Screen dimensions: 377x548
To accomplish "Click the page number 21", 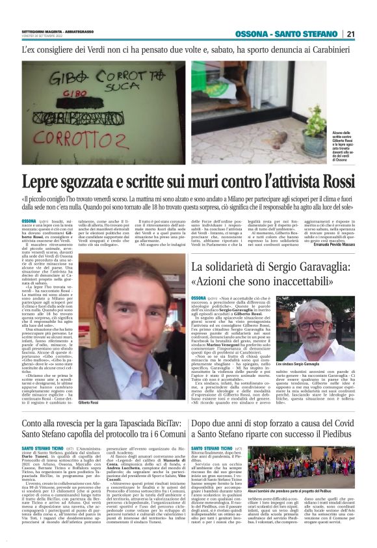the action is (367, 34).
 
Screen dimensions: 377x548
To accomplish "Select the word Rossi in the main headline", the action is (330, 183).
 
